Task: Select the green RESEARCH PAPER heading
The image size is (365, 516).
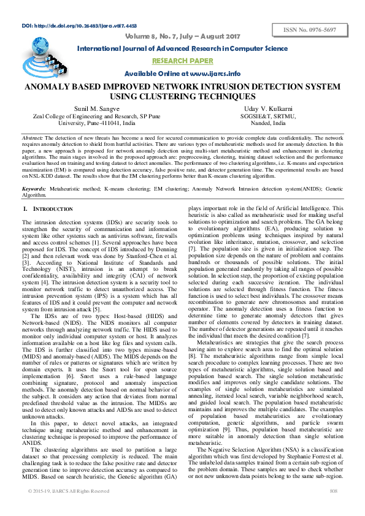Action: (x=182, y=61)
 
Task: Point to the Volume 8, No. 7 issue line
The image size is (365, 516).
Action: (x=182, y=36)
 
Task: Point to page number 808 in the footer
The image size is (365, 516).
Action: (x=334, y=509)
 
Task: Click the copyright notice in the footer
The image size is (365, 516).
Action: (x=69, y=509)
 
